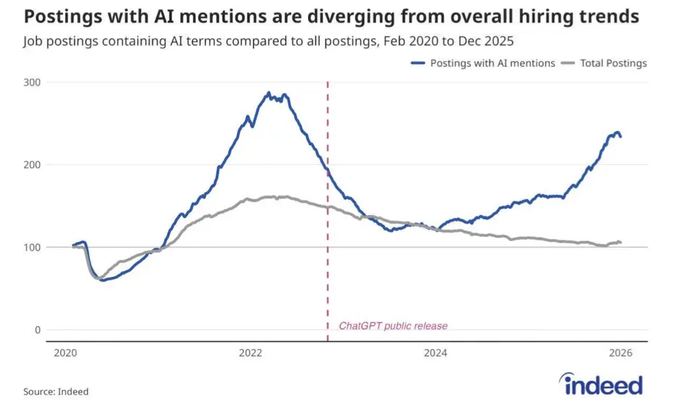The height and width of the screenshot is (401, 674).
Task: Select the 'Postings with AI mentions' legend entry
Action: click(x=482, y=63)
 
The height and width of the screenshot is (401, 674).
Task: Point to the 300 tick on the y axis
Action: click(x=31, y=82)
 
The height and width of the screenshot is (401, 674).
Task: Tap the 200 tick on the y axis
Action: click(x=31, y=165)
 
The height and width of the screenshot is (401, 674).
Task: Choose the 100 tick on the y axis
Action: click(x=31, y=248)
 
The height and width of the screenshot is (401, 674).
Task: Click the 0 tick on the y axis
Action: click(x=37, y=330)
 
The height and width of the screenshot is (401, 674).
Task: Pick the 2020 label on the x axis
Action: click(x=65, y=354)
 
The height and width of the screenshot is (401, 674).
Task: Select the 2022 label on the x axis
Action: click(x=251, y=354)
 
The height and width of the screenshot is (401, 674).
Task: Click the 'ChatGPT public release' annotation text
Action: click(x=393, y=326)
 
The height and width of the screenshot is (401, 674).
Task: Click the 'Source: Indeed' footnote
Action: click(x=56, y=392)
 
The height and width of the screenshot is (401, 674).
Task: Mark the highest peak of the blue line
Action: click(x=268, y=93)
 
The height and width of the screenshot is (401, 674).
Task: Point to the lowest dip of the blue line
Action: click(x=102, y=280)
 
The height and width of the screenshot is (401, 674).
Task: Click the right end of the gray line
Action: click(x=620, y=243)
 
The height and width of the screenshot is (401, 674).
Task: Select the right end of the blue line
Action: click(x=620, y=137)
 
